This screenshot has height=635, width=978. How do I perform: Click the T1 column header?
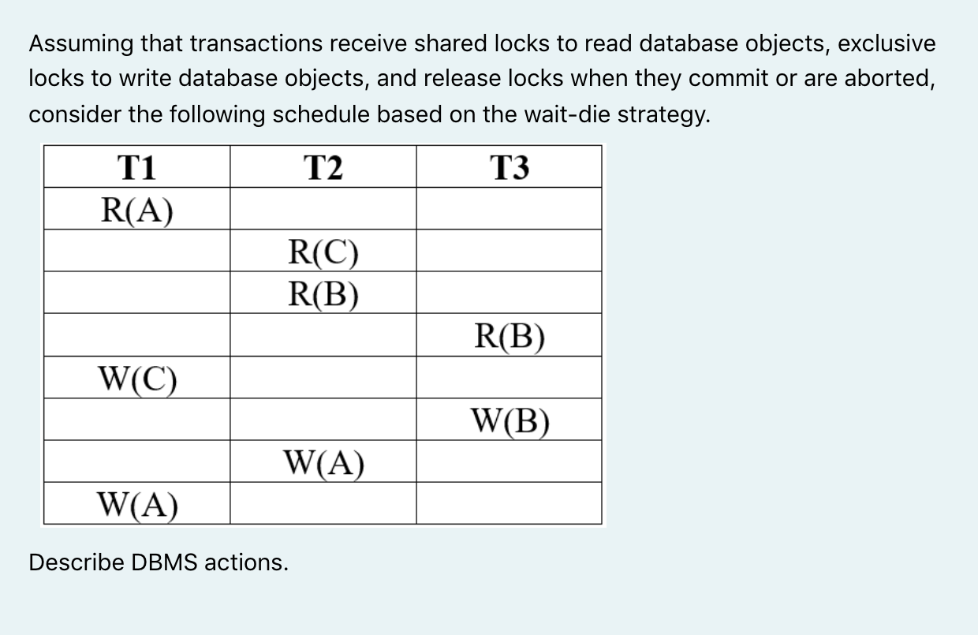[x=136, y=167]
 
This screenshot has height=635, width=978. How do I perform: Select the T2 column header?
[x=323, y=167]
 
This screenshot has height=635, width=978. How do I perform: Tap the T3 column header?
[x=510, y=167]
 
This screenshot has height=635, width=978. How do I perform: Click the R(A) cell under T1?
[x=137, y=210]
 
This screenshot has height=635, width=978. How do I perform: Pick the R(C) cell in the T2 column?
[x=323, y=252]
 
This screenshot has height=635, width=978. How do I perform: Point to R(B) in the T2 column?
[x=323, y=293]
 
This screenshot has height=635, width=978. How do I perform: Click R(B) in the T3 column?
[x=510, y=337]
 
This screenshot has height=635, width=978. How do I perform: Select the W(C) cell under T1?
[x=137, y=379]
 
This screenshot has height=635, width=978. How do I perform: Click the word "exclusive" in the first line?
[x=886, y=44]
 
